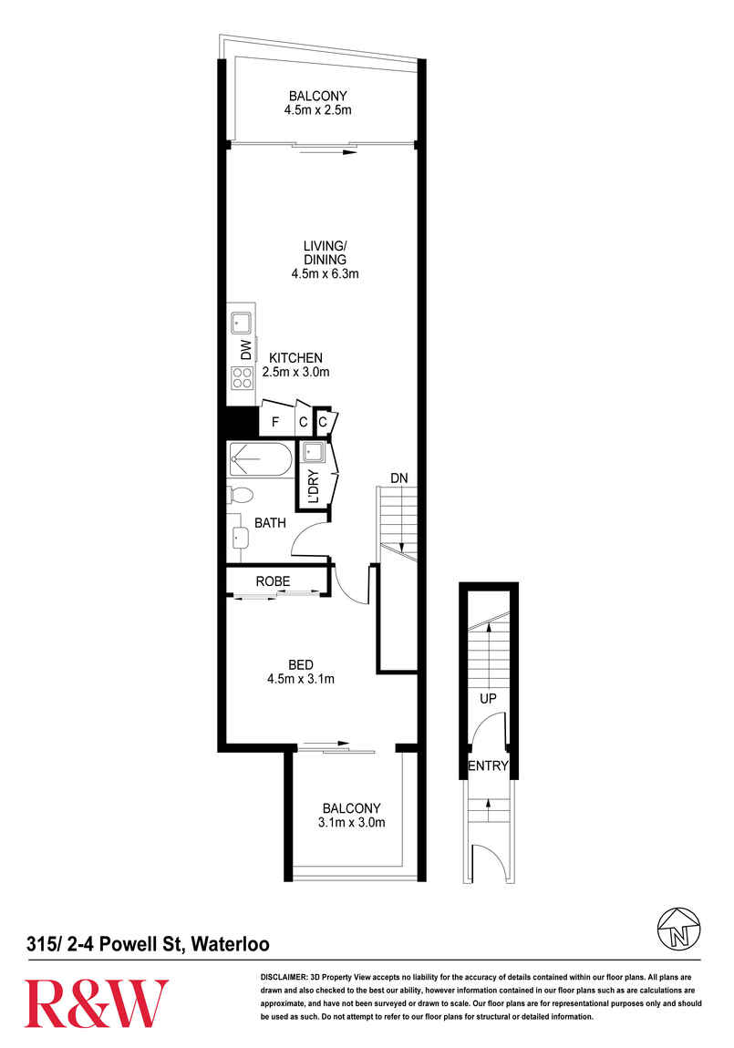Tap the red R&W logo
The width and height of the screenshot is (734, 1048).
tap(97, 1003)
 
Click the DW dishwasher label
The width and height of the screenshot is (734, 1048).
tap(246, 350)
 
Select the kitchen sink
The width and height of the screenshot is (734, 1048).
tap(241, 324)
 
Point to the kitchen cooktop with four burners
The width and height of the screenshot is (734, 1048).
tap(242, 377)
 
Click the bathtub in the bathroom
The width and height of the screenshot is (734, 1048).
tap(260, 459)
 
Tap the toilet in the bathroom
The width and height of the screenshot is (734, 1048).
tap(240, 495)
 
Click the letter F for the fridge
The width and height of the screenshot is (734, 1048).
tap(274, 423)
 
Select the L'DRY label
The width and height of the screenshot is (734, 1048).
tap(313, 488)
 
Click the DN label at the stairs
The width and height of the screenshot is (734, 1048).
tap(399, 478)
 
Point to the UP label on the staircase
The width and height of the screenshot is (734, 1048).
tap(488, 698)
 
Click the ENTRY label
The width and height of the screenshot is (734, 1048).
tap(488, 765)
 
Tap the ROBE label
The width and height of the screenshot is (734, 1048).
tap(273, 581)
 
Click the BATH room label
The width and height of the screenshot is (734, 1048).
tap(270, 523)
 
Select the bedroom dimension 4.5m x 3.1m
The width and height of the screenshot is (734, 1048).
tap(301, 679)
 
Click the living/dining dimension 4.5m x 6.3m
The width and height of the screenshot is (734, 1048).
tap(325, 273)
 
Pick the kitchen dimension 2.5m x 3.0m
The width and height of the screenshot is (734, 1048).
tap(295, 372)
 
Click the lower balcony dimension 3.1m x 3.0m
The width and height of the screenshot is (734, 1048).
tap(352, 822)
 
